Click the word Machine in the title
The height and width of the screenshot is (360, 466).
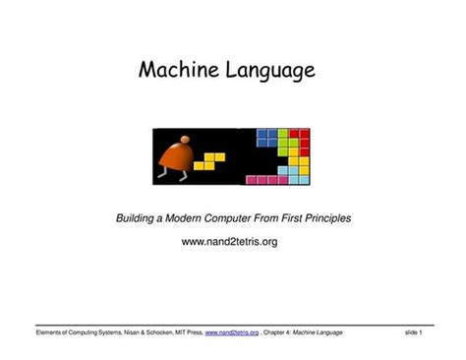pos(177,71)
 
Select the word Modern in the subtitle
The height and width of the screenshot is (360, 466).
pos(196,217)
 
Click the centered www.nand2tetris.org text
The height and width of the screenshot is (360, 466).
pos(231,241)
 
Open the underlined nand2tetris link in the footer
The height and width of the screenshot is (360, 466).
pos(232,332)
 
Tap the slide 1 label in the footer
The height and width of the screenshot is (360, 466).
pos(413,332)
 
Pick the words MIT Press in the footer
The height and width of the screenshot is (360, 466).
pos(184,332)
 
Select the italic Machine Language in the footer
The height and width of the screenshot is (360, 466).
pos(318,332)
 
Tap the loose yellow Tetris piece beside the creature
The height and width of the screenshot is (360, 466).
pos(209,160)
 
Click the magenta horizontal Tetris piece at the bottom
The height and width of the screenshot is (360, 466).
pos(265,180)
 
